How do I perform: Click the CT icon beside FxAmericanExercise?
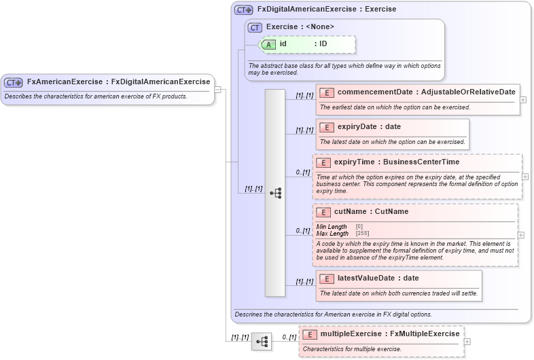(14, 82)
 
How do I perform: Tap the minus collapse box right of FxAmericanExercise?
(217, 89)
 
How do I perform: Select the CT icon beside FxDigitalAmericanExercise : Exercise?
(244, 10)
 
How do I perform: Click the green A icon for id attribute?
(269, 44)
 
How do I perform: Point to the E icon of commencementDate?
(327, 92)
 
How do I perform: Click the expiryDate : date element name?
(369, 127)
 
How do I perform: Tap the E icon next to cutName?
(323, 212)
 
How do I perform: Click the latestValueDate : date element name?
(378, 278)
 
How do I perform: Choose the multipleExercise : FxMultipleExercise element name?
(390, 335)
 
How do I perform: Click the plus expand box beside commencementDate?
(522, 99)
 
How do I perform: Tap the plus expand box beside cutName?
(521, 235)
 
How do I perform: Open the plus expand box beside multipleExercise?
(467, 342)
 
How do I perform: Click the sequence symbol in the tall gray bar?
(275, 193)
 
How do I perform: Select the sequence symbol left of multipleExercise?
(261, 342)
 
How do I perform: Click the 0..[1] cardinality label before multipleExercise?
(289, 337)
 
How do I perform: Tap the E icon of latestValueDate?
(327, 278)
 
